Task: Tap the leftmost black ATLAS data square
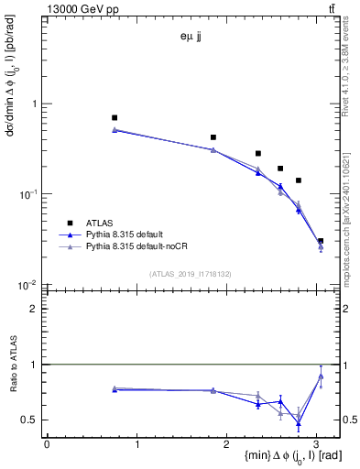(x=115, y=118)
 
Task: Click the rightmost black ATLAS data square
(x=321, y=241)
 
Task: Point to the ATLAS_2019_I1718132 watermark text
(x=191, y=273)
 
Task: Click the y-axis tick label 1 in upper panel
(x=35, y=104)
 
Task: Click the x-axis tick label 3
(x=317, y=445)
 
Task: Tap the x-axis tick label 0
(x=47, y=445)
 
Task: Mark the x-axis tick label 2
(x=227, y=445)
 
